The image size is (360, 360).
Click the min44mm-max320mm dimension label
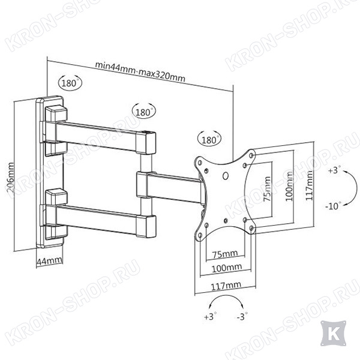[x=140, y=71]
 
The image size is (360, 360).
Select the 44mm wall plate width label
[x=49, y=261]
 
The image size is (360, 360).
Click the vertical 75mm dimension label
[x=267, y=189]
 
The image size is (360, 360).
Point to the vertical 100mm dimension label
[x=289, y=186]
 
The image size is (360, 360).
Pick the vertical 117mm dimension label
[x=309, y=185]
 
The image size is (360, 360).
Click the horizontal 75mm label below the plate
[x=225, y=254]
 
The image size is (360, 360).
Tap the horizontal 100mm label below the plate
[x=227, y=268]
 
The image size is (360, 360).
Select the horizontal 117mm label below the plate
[x=226, y=286]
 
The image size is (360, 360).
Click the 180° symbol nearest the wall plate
[x=70, y=83]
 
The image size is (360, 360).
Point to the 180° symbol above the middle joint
[x=144, y=112]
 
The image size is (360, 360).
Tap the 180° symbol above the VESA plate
[x=209, y=139]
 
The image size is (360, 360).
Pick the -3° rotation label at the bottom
[x=242, y=316]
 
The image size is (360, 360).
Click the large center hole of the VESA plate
[x=226, y=176]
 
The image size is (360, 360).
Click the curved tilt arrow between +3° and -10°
[x=356, y=188]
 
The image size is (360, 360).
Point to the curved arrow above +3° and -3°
[x=226, y=296]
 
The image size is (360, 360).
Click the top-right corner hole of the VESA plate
[x=251, y=155]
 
